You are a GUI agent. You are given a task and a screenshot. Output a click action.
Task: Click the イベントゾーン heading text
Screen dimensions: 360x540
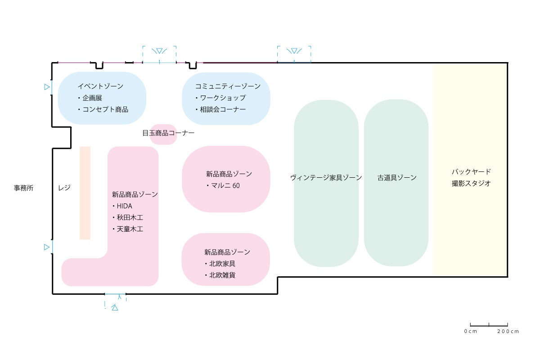pyautogui.click(x=100, y=86)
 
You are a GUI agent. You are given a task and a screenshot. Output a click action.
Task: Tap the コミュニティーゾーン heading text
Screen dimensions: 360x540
pyautogui.click(x=227, y=86)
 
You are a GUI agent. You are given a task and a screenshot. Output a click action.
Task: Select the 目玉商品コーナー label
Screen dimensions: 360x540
pyautogui.click(x=168, y=133)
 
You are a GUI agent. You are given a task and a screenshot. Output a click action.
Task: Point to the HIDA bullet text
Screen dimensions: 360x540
pyautogui.click(x=125, y=206)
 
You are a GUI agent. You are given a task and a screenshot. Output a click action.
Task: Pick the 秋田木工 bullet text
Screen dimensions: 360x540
pyautogui.click(x=130, y=218)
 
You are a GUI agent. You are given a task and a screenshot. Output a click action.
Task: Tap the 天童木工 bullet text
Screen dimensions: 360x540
pyautogui.click(x=130, y=229)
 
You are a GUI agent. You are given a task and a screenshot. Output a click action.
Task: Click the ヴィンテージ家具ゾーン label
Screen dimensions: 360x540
pyautogui.click(x=326, y=178)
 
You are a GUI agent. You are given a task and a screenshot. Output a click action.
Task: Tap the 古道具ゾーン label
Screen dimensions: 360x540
pyautogui.click(x=397, y=178)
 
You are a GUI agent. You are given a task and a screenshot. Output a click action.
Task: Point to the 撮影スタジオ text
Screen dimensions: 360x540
pyautogui.click(x=471, y=183)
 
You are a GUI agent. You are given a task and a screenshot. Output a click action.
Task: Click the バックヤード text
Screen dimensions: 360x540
pyautogui.click(x=471, y=171)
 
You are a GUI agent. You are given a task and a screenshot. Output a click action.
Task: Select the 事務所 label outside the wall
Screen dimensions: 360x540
pyautogui.click(x=23, y=188)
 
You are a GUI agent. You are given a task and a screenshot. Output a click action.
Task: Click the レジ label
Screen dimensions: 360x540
pyautogui.click(x=64, y=188)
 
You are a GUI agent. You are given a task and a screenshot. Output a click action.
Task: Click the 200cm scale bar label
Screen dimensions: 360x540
pyautogui.click(x=508, y=332)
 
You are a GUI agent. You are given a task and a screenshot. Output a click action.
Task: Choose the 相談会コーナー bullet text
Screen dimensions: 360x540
pyautogui.click(x=223, y=109)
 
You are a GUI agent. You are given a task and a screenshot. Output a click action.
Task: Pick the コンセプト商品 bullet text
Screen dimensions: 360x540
pyautogui.click(x=105, y=109)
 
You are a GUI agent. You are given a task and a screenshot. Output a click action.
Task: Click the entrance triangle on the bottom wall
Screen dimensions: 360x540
pyautogui.click(x=115, y=308)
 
